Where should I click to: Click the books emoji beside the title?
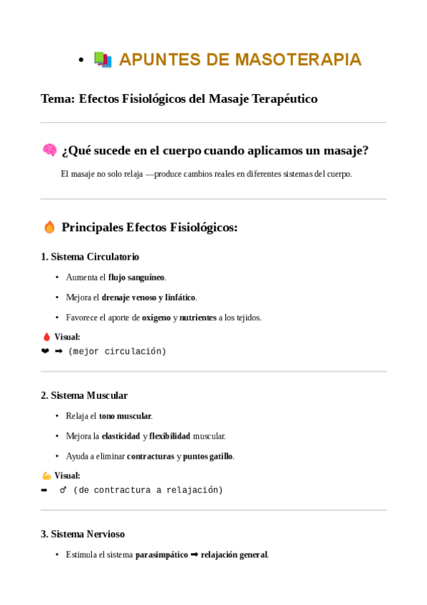[103, 60]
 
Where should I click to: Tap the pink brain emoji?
[49, 151]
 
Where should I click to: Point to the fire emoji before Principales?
[49, 228]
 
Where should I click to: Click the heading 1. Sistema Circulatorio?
[90, 257]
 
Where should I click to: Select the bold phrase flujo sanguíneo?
[136, 277]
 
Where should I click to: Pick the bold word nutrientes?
[197, 317]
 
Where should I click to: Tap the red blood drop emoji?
[46, 337]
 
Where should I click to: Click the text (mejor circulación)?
[117, 352]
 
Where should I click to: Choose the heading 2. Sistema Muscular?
[84, 395]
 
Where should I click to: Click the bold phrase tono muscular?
[125, 416]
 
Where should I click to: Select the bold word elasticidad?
[120, 436]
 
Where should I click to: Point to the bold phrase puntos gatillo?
[208, 456]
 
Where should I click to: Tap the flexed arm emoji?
[46, 475]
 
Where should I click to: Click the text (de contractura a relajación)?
[148, 490]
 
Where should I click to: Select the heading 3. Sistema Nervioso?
[83, 534]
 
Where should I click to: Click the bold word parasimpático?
[162, 554]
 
